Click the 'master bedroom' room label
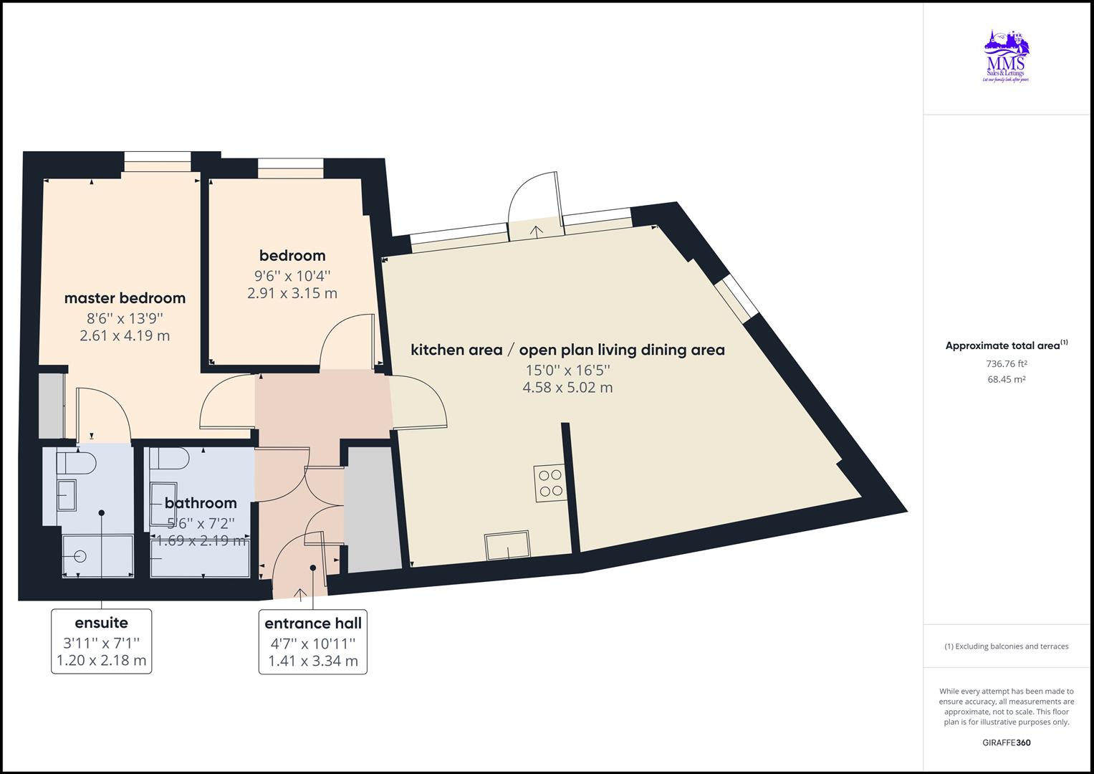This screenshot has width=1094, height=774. pyautogui.click(x=125, y=298)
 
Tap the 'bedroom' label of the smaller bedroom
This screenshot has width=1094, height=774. pyautogui.click(x=292, y=256)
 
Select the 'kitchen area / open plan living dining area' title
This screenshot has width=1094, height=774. pyautogui.click(x=567, y=350)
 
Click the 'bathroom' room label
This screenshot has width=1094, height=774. pyautogui.click(x=201, y=503)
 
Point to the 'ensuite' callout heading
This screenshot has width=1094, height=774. pyautogui.click(x=101, y=623)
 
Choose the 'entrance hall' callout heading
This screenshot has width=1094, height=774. pyautogui.click(x=313, y=623)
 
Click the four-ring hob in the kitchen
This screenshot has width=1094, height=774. pyautogui.click(x=549, y=482)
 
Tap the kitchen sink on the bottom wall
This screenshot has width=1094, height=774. pyautogui.click(x=507, y=546)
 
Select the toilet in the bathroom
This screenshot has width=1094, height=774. pyautogui.click(x=171, y=459)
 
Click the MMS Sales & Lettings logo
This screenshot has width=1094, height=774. pyautogui.click(x=1005, y=57)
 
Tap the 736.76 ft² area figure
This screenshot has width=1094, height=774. pyautogui.click(x=1006, y=364)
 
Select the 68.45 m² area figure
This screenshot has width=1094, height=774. pyautogui.click(x=1006, y=380)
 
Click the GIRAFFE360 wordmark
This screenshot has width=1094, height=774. pyautogui.click(x=1006, y=742)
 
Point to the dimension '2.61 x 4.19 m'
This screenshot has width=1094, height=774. pyautogui.click(x=125, y=335)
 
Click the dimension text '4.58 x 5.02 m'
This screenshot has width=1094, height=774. pyautogui.click(x=567, y=388)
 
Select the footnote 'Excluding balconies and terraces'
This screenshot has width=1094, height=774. pyautogui.click(x=1006, y=646)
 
